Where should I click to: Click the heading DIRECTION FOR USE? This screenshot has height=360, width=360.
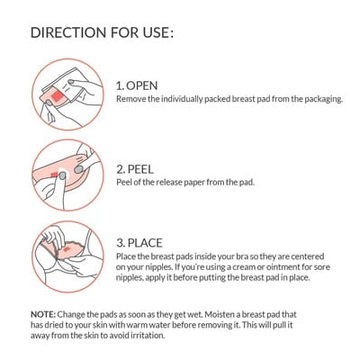[102, 32]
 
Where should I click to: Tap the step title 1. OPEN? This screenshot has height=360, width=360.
[137, 85]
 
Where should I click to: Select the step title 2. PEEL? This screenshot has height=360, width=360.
[135, 169]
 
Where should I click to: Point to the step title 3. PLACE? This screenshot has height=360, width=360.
[139, 243]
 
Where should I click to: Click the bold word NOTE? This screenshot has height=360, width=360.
[43, 315]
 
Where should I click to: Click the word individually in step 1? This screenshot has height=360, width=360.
[182, 99]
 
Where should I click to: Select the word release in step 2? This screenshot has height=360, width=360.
[168, 182]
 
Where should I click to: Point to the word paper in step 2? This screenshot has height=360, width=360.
[193, 183]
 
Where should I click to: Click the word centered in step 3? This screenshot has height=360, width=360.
[308, 256]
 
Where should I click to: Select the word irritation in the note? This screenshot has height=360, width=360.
[148, 335]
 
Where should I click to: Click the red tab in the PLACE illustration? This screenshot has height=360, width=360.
[67, 249]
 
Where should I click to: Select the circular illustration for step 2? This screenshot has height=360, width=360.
[67, 175]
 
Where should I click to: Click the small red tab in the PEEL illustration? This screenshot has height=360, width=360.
[54, 175]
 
